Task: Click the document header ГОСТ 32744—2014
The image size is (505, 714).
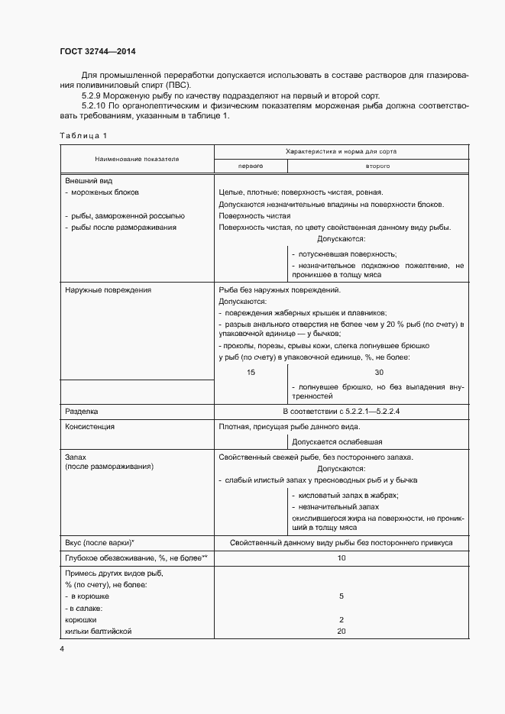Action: coord(98,52)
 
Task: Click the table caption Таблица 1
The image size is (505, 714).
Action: coord(83,135)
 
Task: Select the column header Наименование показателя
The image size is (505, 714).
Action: coord(137,158)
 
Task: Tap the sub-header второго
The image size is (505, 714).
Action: coord(378,165)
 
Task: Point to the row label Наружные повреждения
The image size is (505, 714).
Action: coord(108,290)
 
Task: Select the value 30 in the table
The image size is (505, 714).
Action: coord(379,372)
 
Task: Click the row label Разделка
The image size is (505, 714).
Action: coord(81,411)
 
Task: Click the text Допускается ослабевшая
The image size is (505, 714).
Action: coord(337,441)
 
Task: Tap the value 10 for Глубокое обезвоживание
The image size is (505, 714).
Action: coord(342,558)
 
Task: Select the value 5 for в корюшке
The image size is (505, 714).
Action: coord(342,596)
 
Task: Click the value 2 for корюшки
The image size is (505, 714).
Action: coord(342,619)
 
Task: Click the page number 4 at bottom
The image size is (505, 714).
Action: coord(62,649)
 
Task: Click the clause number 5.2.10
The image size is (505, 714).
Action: coord(94,105)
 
